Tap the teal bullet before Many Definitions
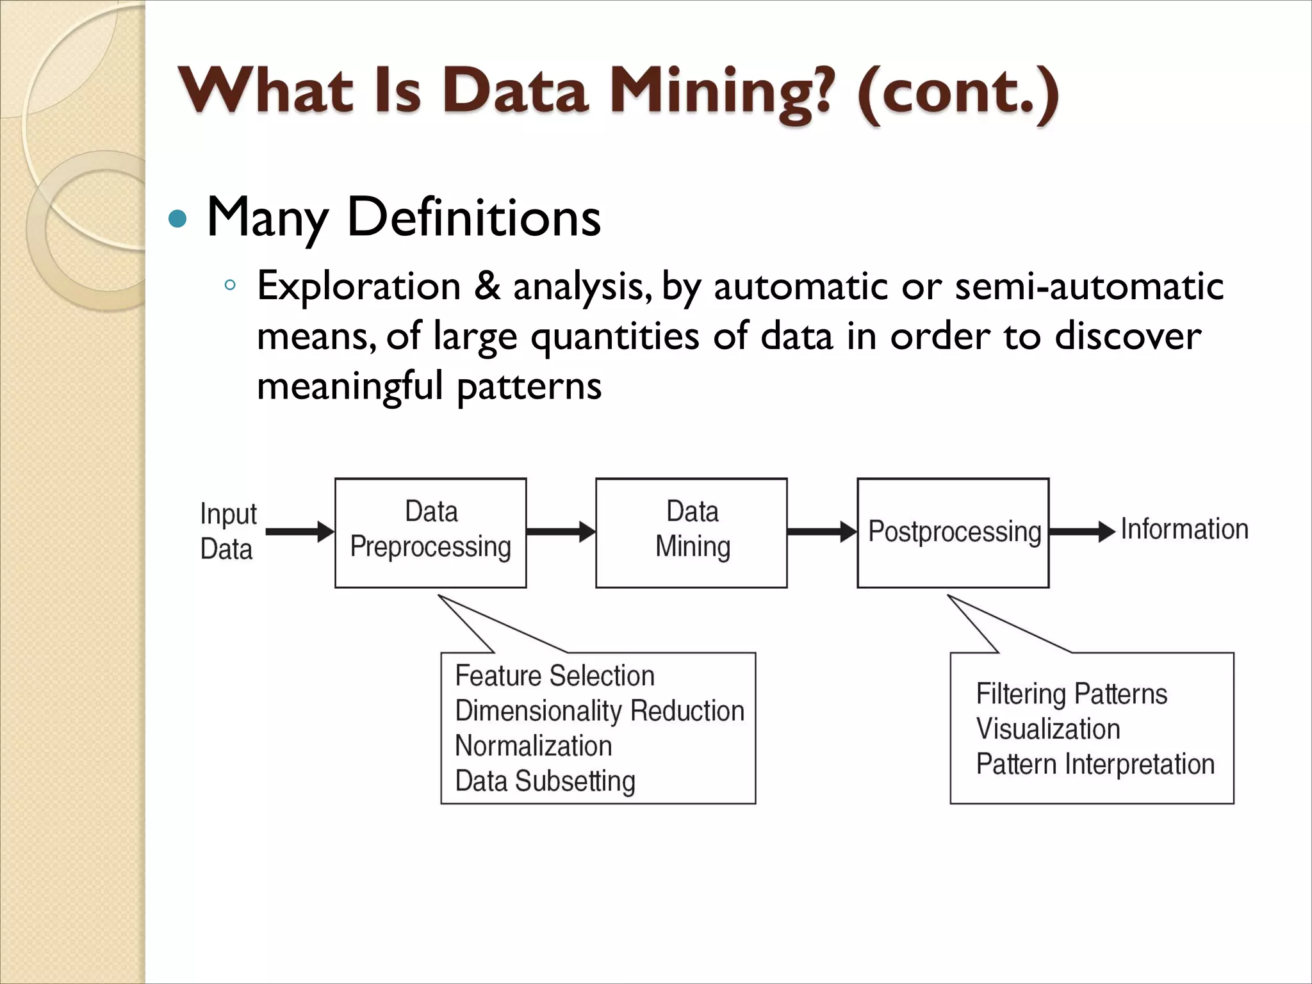177,220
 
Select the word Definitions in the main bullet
473,217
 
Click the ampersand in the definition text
487,286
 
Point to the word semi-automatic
1088,286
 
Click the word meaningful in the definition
350,386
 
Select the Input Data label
227,531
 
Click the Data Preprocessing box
430,532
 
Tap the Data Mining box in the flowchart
691,532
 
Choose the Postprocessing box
953,532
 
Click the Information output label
1184,530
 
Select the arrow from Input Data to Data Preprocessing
299,531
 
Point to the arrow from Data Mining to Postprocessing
821,531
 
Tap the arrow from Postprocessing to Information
1082,531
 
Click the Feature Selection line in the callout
555,676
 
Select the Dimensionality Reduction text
600,711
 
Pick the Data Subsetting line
545,781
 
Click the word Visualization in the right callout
1048,729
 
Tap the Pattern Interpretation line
1095,764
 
